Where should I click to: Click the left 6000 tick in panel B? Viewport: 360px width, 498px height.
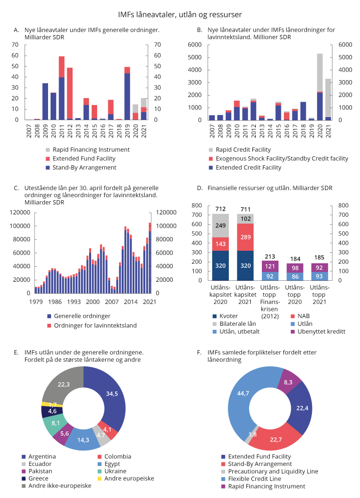(x=195, y=45)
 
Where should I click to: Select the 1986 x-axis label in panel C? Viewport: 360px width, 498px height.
(x=55, y=302)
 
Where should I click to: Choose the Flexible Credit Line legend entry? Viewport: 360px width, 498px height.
(x=255, y=478)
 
